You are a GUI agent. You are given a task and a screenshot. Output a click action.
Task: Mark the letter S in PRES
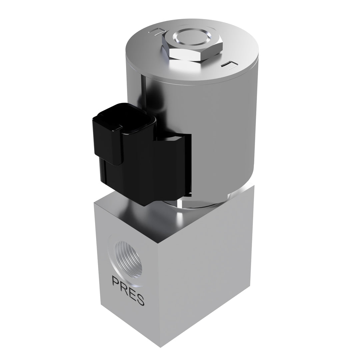(140, 300)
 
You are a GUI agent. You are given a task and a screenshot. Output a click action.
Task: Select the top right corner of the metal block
(254, 186)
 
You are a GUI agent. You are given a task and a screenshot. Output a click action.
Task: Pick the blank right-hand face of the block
(207, 273)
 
